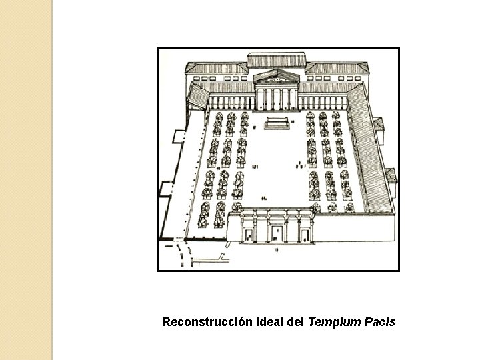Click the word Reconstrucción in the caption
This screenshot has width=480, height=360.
[207, 323]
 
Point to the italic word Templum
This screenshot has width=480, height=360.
[335, 323]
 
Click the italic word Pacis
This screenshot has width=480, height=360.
[381, 323]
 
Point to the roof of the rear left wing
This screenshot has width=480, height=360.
[217, 68]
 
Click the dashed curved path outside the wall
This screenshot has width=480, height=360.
[181, 255]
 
